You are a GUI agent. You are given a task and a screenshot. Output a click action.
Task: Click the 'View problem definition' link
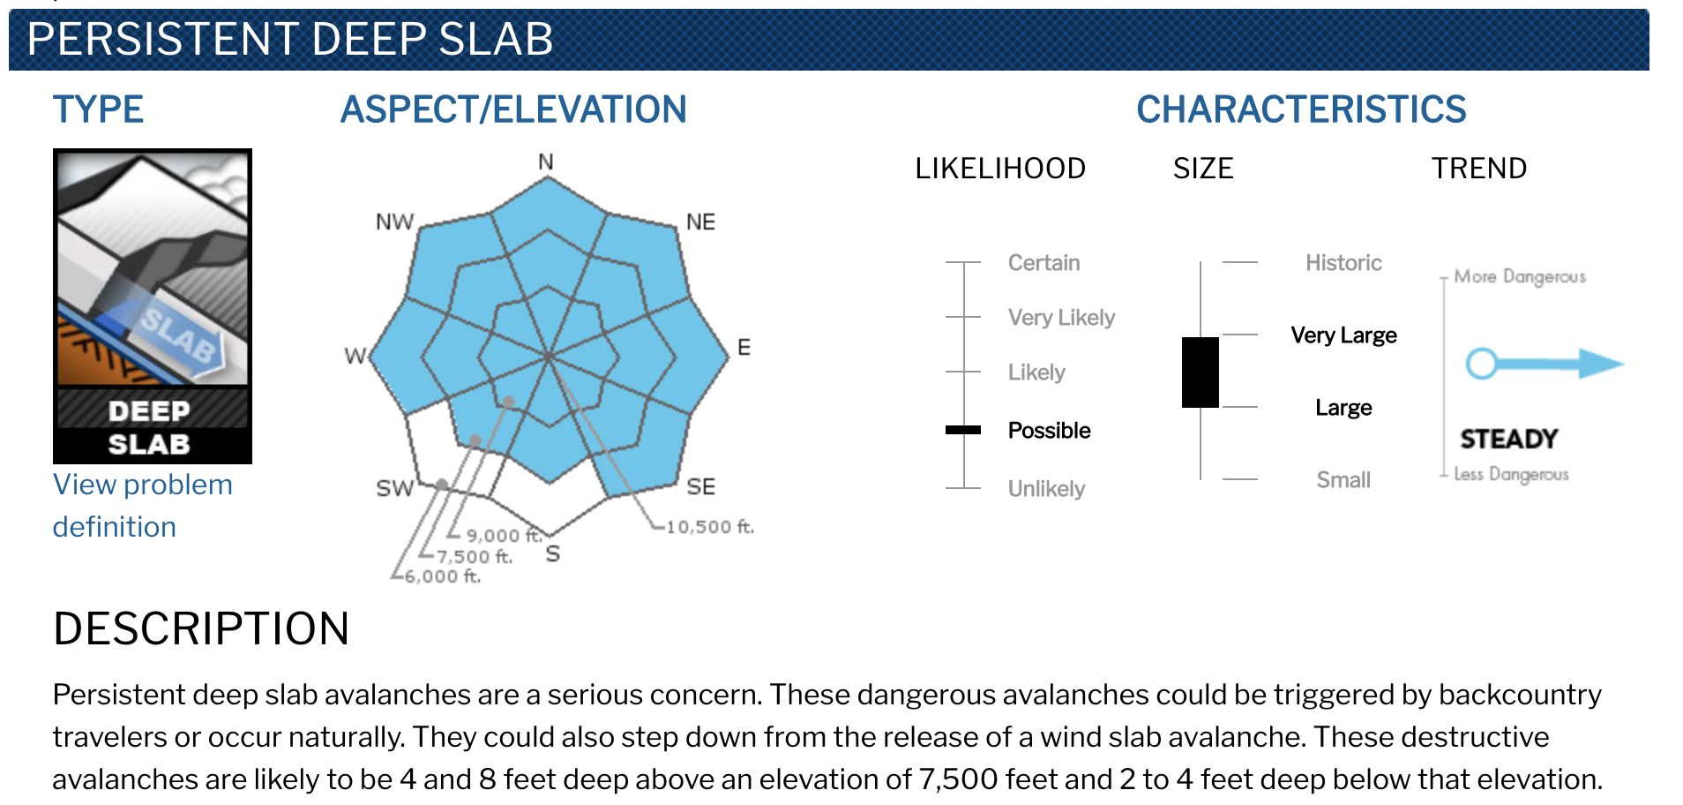coord(142,506)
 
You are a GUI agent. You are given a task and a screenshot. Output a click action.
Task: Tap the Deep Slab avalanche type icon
coord(153,306)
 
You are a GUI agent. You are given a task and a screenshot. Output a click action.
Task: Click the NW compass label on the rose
coord(394,222)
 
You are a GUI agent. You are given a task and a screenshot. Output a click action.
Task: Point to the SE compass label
coord(701,486)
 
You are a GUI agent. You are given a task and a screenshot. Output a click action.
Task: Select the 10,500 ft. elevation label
coord(710,527)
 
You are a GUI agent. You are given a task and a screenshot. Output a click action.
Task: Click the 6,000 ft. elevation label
coord(442,576)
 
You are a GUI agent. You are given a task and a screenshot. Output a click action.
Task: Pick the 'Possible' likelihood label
coord(1049,430)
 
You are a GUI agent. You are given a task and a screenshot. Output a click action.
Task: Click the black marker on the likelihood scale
coord(963,430)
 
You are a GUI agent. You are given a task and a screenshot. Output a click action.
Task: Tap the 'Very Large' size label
coord(1343,335)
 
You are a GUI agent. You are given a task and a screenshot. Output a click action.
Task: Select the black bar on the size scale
coord(1201,372)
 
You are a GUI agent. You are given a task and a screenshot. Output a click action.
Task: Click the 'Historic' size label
coord(1343,263)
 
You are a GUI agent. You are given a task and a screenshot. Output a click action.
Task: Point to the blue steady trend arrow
coord(1545,363)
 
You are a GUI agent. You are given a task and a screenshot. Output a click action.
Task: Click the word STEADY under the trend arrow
coord(1508,439)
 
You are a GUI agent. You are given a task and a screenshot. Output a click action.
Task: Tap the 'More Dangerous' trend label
coord(1520,276)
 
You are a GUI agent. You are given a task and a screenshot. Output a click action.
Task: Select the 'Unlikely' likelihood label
coord(1046,489)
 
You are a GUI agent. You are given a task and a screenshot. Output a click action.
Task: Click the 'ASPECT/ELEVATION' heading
coord(513,109)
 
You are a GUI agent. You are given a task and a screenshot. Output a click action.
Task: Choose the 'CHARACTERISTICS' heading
coord(1301,109)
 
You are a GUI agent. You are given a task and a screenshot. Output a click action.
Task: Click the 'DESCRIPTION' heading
coord(201,628)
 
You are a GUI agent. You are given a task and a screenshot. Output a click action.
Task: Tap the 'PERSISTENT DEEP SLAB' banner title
coord(290,40)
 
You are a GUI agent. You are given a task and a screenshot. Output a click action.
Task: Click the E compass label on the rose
coord(744,347)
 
